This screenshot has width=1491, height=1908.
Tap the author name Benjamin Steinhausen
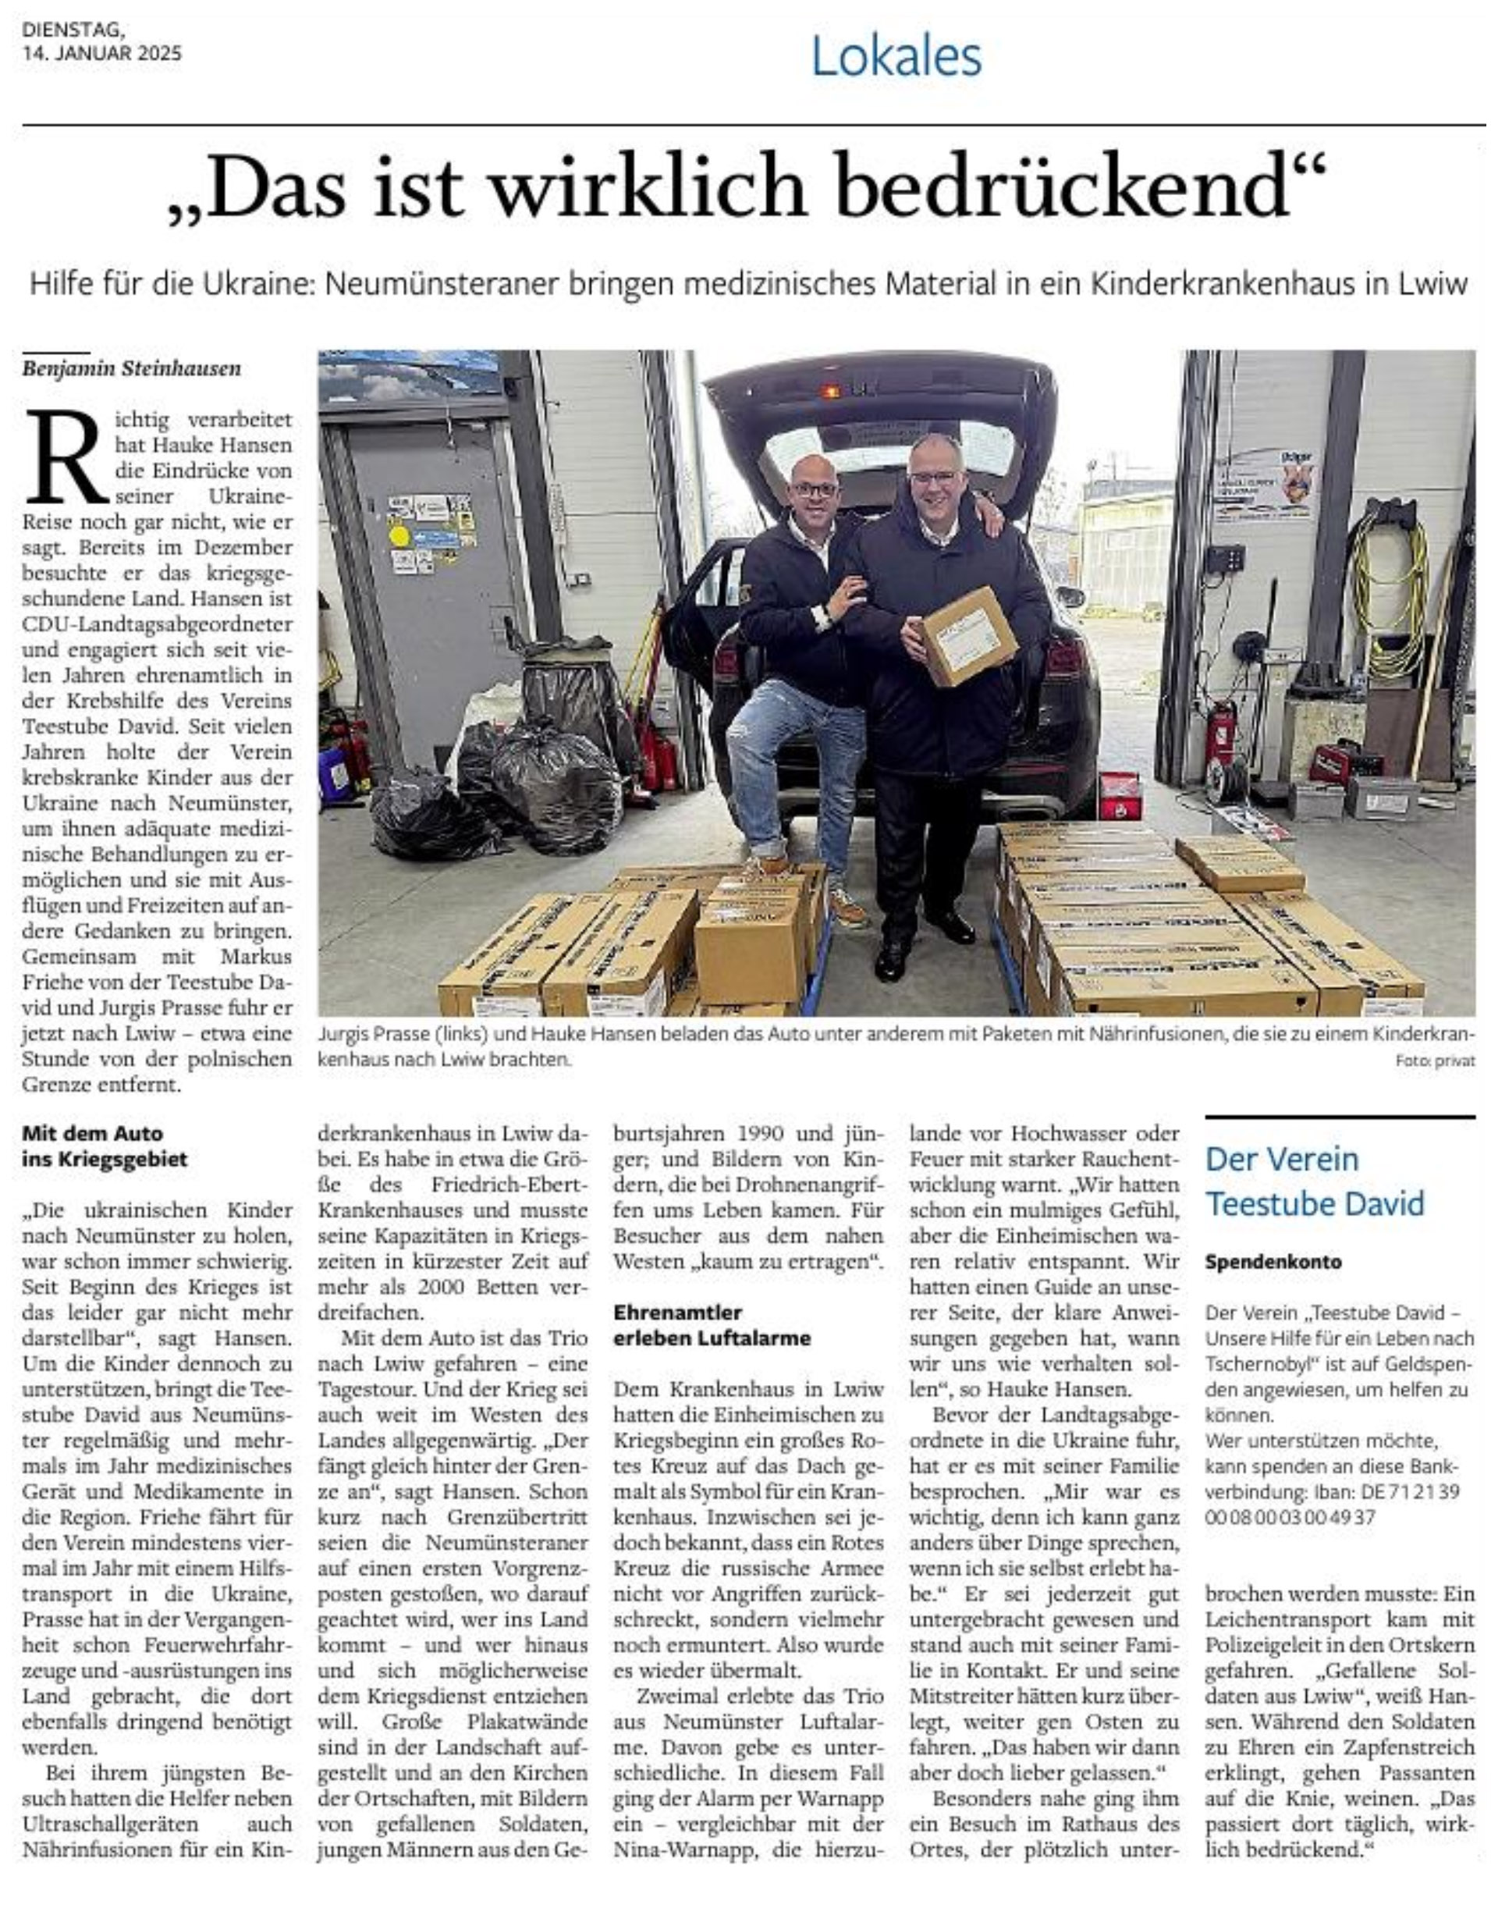tap(131, 368)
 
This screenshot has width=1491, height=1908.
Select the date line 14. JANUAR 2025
tap(102, 53)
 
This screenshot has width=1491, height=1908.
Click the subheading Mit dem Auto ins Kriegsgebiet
tap(104, 1146)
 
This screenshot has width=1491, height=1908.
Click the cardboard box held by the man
tap(969, 636)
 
